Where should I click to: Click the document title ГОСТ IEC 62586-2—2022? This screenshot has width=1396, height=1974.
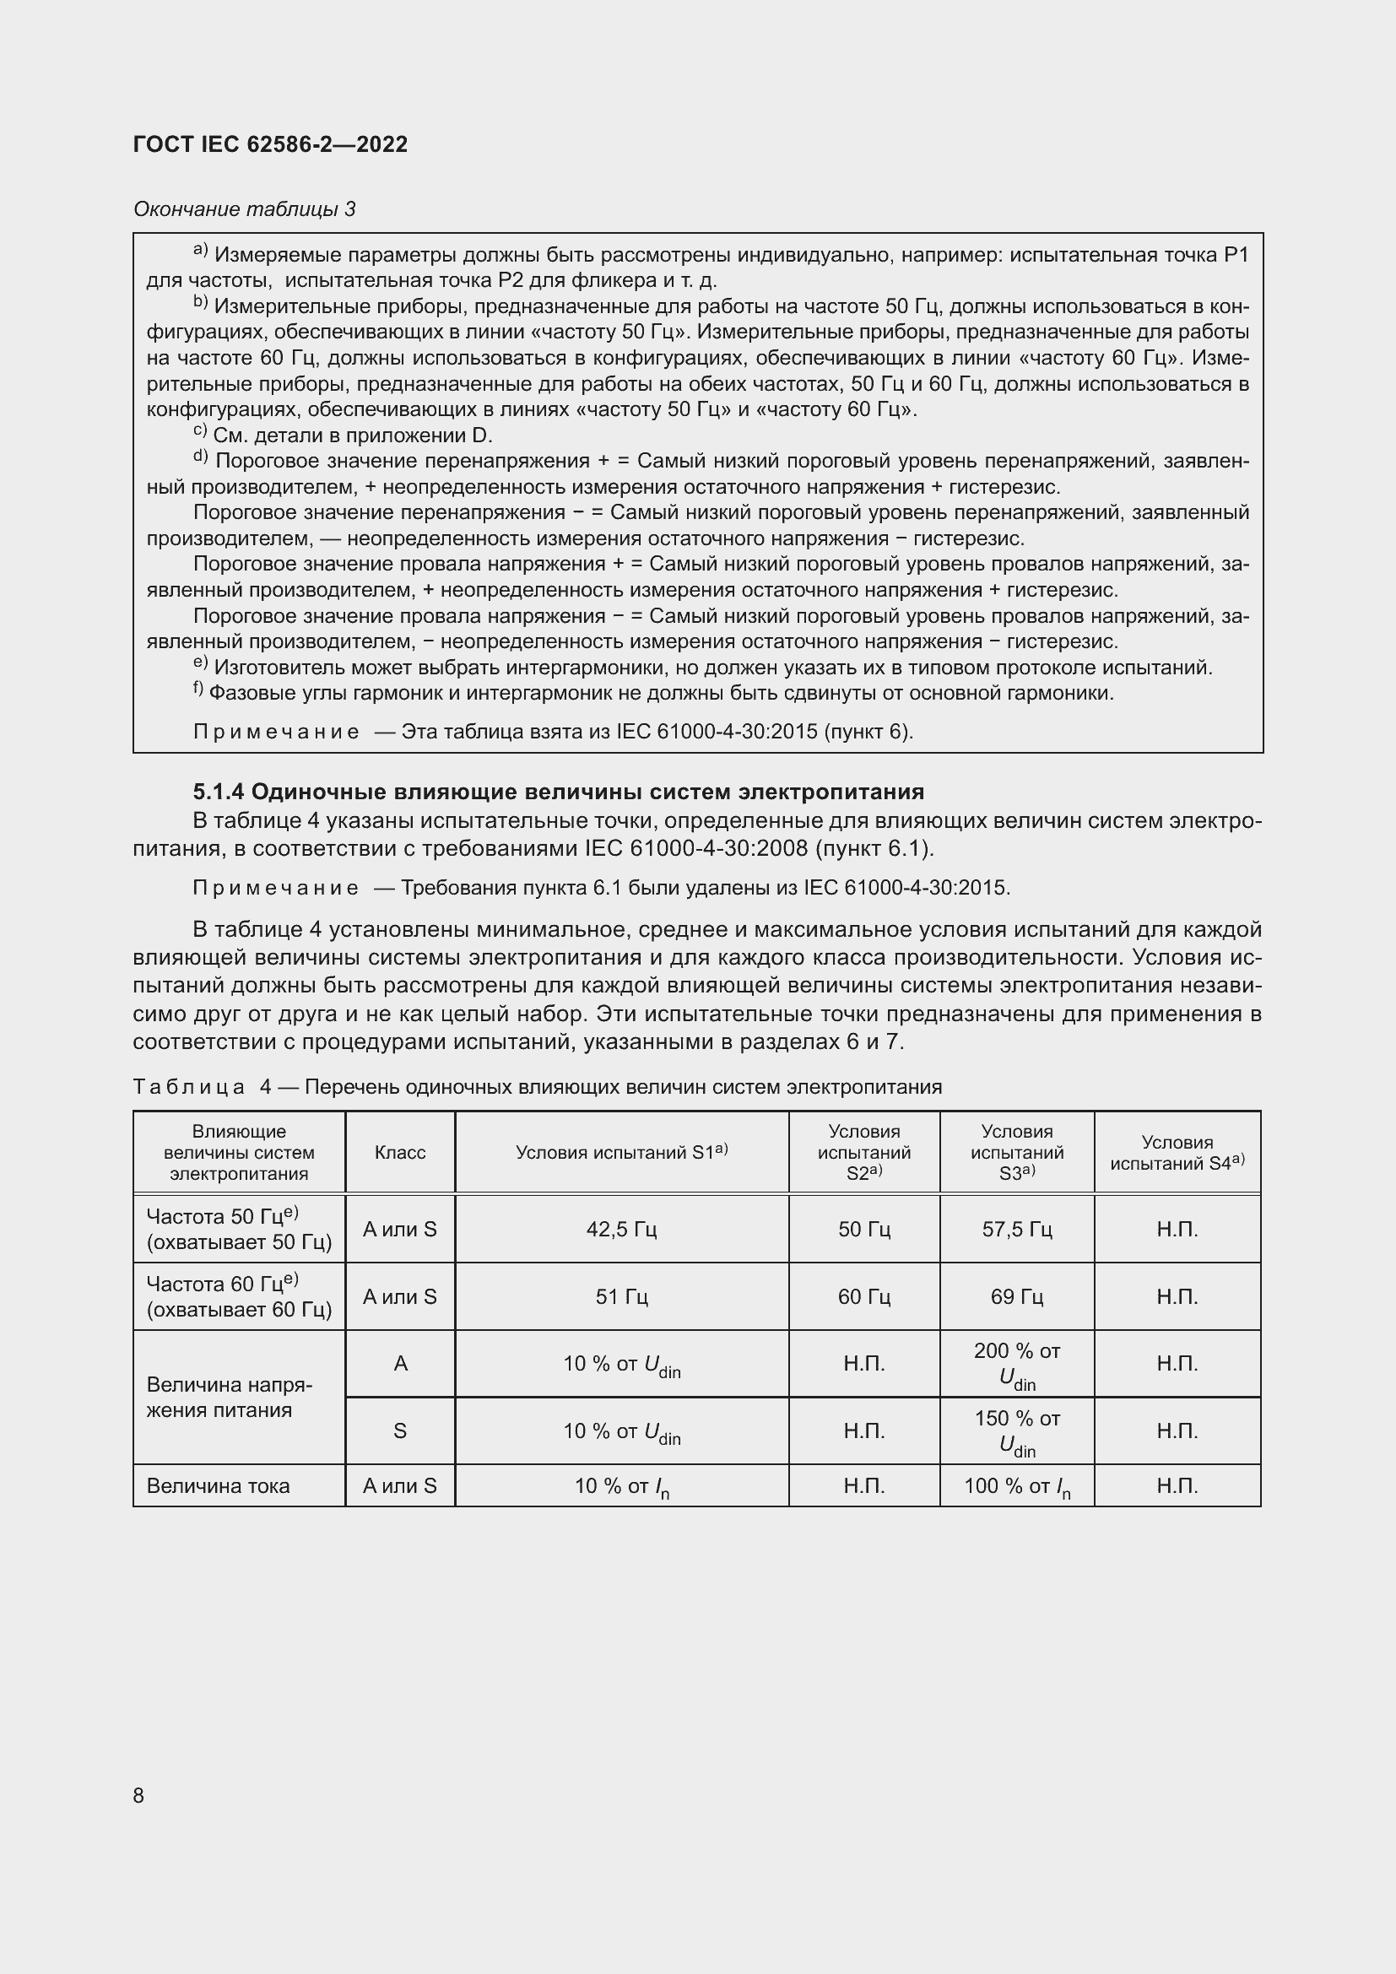tap(270, 144)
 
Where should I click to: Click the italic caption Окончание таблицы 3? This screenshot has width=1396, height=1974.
tap(244, 209)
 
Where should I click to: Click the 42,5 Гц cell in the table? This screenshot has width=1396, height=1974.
tap(620, 1229)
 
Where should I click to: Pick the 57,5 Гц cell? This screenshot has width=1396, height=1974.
tap(1016, 1229)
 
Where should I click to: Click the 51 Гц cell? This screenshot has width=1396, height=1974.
tap(620, 1295)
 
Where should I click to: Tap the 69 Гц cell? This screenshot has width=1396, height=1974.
tap(1016, 1295)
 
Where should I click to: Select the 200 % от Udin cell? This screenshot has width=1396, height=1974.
tap(1016, 1363)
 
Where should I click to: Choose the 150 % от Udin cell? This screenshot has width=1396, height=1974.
tap(1016, 1430)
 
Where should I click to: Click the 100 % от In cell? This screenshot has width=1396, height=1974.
tap(1016, 1485)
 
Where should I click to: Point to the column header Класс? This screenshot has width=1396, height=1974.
tap(400, 1152)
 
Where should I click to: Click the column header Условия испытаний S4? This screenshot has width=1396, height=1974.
tap(1177, 1152)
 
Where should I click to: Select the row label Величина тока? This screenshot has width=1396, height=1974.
tap(219, 1485)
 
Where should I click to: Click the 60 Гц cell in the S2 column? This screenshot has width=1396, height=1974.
tap(864, 1295)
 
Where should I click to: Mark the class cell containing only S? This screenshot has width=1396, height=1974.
tap(400, 1430)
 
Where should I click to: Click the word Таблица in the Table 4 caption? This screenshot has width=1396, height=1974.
tap(189, 1087)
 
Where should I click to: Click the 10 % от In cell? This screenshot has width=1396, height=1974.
tap(620, 1485)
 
